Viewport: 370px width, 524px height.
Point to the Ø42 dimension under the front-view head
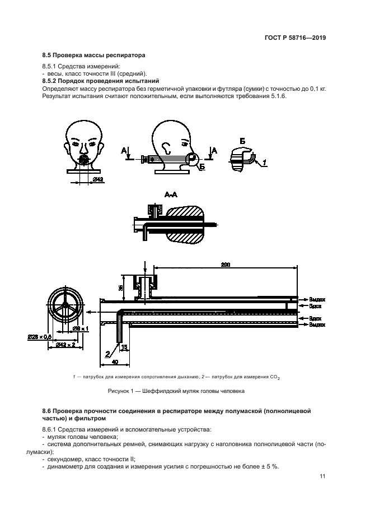pyautogui.click(x=97, y=179)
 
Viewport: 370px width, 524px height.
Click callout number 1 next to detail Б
pyautogui.click(x=265, y=162)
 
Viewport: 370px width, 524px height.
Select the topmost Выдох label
pyautogui.click(x=317, y=300)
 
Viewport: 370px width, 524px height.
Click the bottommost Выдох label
pyautogui.click(x=317, y=324)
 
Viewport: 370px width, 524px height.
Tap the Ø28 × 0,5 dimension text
pyautogui.click(x=39, y=336)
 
